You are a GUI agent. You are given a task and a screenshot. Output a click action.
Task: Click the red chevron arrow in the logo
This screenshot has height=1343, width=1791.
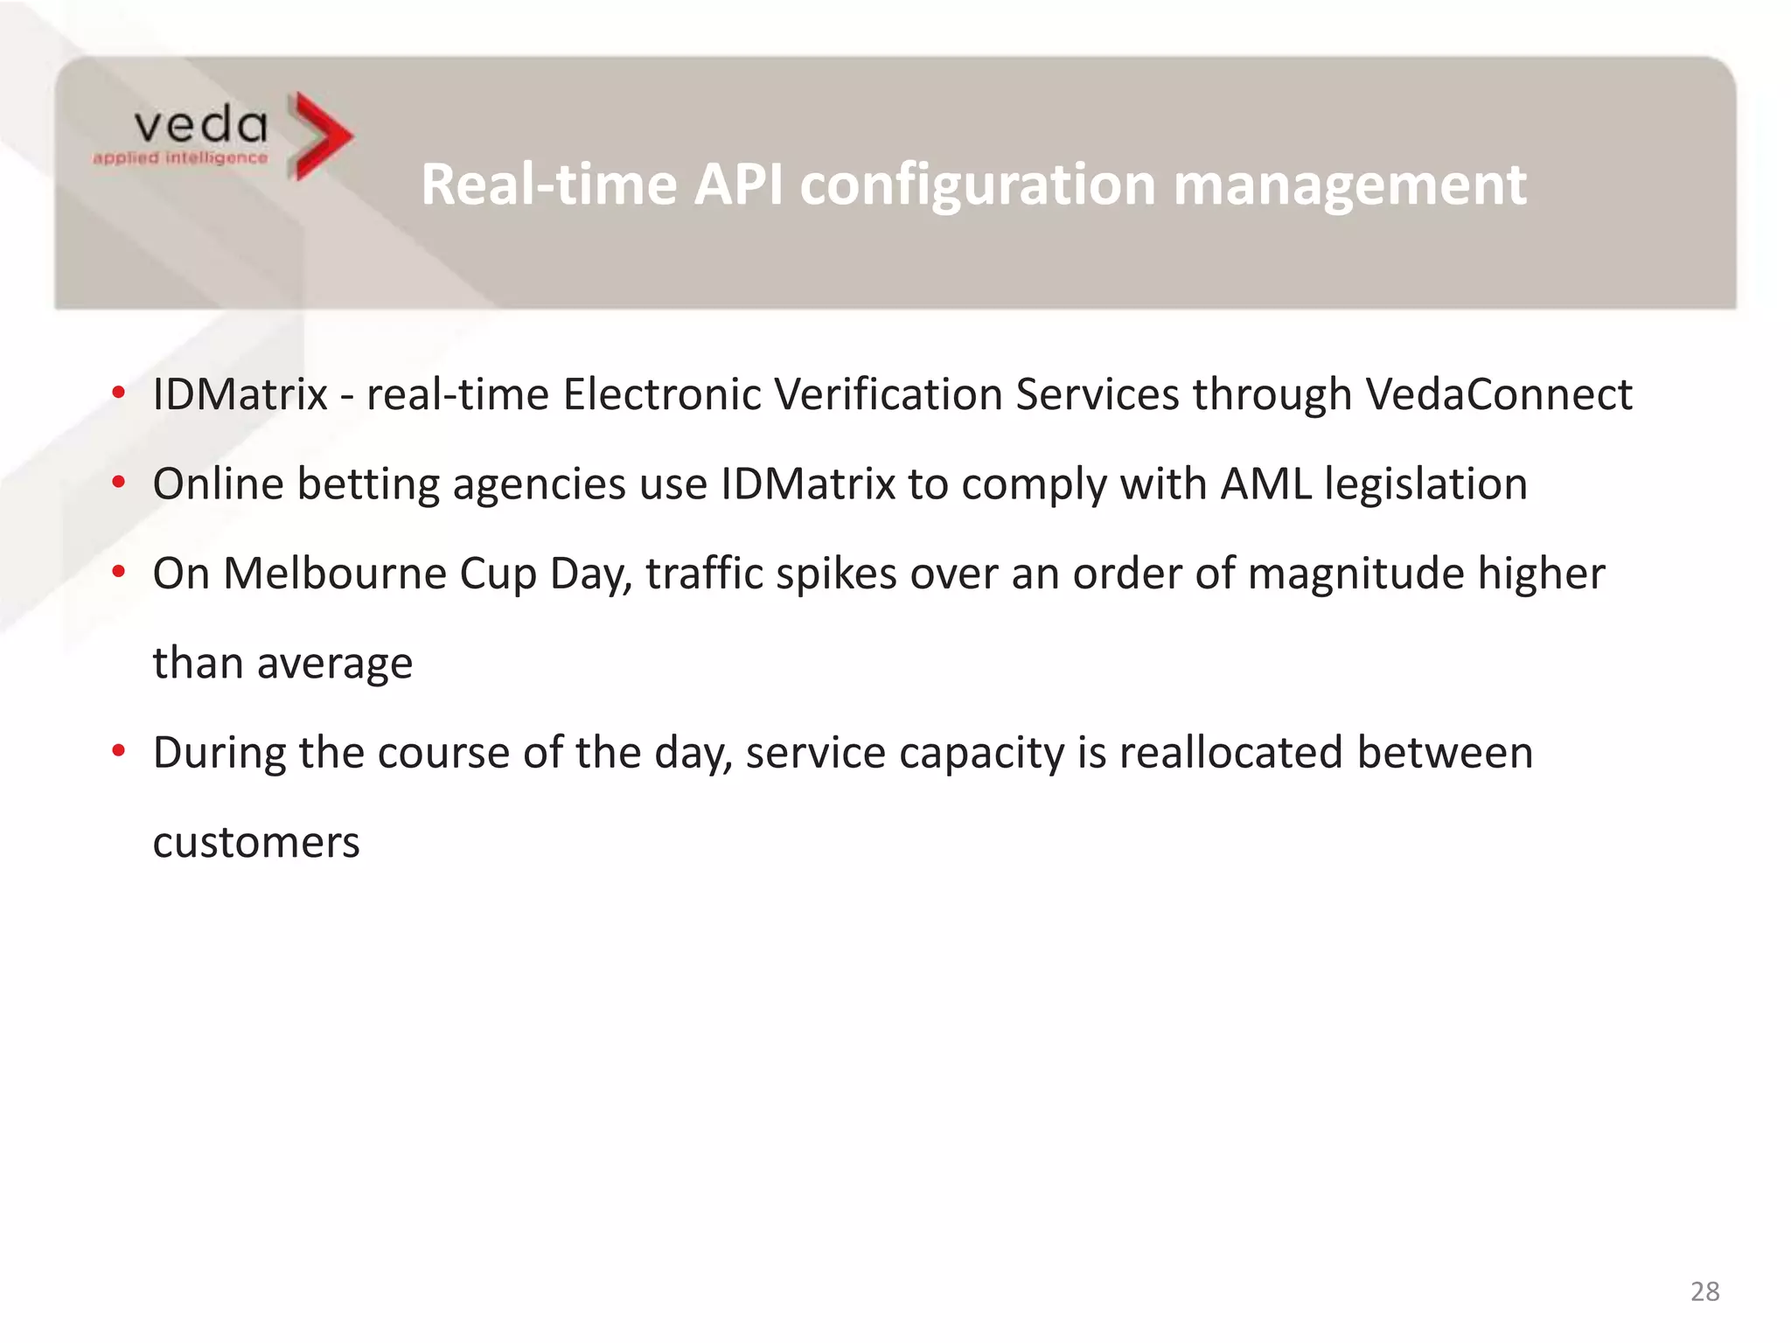320,136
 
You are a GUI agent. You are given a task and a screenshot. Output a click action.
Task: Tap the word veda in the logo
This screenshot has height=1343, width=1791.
200,126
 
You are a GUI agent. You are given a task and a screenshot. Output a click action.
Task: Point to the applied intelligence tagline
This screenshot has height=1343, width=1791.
180,158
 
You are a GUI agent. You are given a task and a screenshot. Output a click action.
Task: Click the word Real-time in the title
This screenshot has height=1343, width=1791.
549,184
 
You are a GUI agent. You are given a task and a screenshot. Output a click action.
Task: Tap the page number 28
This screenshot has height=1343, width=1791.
1704,1291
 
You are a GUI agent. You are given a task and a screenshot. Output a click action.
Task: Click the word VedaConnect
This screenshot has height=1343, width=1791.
1499,394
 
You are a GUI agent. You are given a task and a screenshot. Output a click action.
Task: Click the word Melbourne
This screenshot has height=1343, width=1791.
335,574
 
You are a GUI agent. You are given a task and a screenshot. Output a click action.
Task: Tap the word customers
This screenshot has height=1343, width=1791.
256,843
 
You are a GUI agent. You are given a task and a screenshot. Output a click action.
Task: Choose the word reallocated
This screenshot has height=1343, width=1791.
1230,753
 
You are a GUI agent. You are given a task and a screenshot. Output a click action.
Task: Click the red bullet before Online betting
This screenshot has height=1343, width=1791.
119,483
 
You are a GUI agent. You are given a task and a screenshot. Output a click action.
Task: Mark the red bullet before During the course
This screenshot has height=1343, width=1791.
119,751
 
